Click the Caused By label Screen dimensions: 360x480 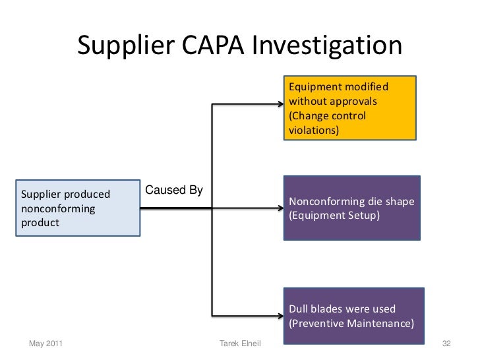pos(173,191)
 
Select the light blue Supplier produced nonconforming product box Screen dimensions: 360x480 pos(80,208)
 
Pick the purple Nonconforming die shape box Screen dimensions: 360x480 pos(351,208)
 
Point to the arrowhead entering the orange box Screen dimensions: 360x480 pos(280,104)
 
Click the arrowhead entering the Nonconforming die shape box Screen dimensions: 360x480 pos(280,209)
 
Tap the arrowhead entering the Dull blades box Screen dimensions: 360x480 pos(280,315)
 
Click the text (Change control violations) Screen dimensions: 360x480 pos(327,123)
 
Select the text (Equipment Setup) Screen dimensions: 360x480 pos(334,215)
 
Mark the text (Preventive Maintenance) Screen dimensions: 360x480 pos(351,323)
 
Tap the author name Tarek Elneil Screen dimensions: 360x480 pos(239,344)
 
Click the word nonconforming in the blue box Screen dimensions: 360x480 pos(58,208)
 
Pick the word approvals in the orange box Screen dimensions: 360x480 pos(353,102)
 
